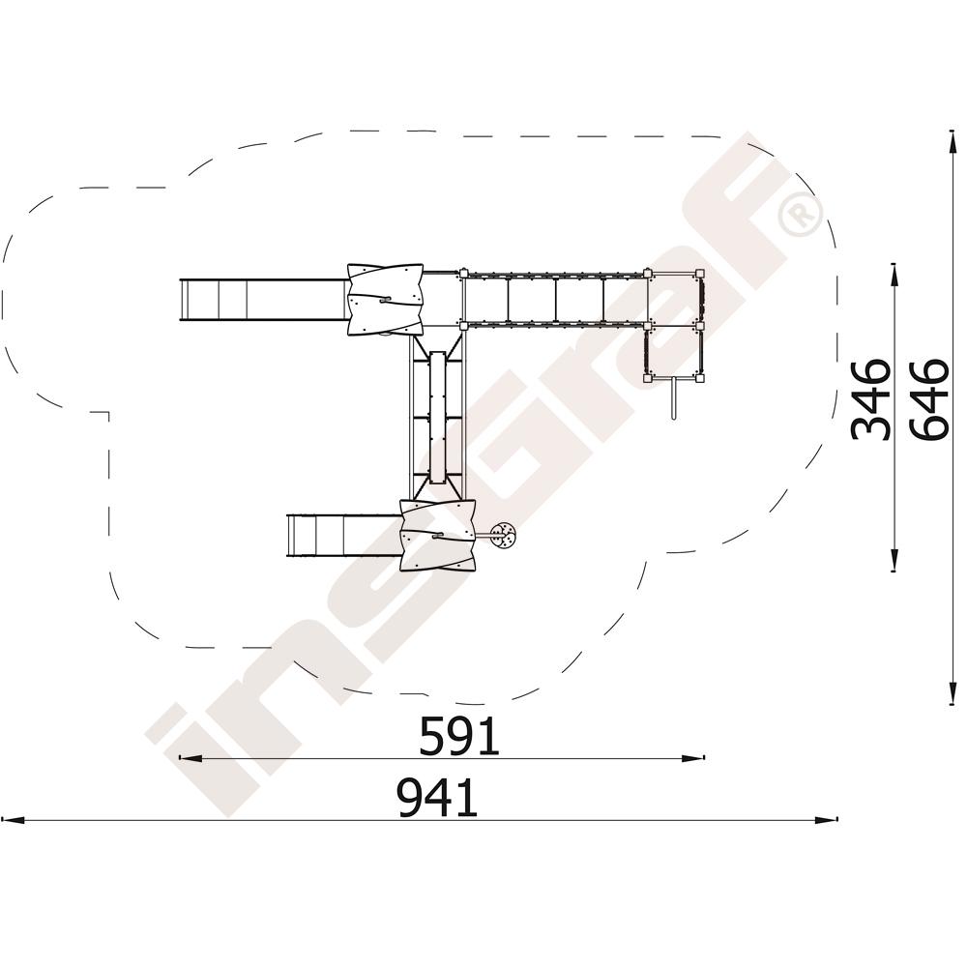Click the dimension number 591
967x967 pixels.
point(458,736)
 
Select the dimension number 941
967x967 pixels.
point(438,798)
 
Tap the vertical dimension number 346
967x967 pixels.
point(870,399)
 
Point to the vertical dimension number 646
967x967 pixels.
point(928,399)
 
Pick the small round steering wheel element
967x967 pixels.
point(504,536)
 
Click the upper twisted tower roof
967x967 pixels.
point(386,299)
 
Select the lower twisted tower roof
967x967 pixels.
point(438,536)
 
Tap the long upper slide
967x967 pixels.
point(264,299)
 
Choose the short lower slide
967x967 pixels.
point(344,536)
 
